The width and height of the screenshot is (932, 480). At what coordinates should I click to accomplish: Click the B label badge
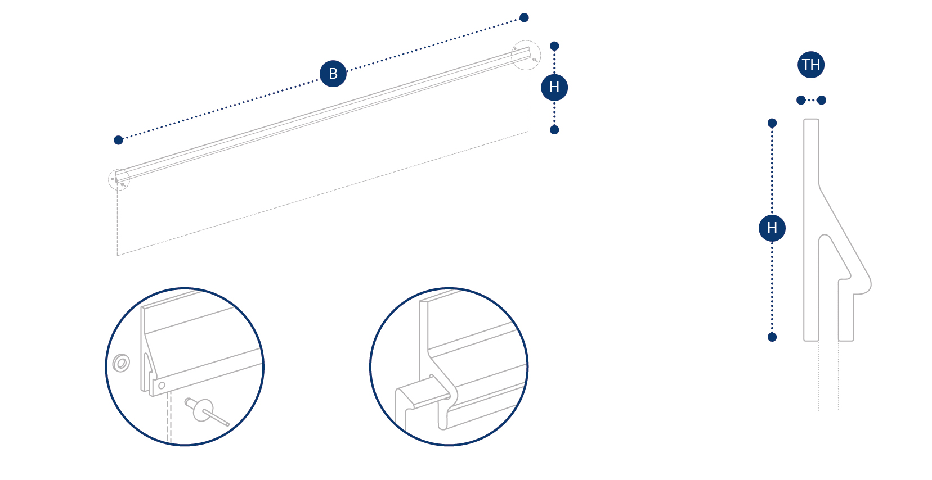[x=333, y=74]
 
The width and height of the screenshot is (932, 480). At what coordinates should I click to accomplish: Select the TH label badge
[x=810, y=65]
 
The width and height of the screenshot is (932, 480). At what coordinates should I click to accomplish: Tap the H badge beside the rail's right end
[x=554, y=87]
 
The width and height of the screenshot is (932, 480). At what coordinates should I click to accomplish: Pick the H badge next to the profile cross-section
[x=772, y=228]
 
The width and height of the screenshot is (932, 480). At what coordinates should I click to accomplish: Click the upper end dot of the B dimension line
[x=524, y=17]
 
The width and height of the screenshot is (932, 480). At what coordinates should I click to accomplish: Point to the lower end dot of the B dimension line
[x=119, y=140]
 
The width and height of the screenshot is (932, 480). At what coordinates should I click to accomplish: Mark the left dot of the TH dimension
[x=801, y=100]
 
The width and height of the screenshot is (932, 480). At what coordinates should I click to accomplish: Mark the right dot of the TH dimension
[x=821, y=100]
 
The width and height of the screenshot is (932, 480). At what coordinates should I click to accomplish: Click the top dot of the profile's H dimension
[x=772, y=123]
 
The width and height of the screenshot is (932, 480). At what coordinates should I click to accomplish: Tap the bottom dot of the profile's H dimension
[x=772, y=337]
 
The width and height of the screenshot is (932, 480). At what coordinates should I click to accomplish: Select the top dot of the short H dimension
[x=554, y=46]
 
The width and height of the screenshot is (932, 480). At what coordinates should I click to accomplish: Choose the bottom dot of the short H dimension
[x=554, y=130]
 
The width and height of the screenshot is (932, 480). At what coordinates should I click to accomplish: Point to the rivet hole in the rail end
[x=162, y=385]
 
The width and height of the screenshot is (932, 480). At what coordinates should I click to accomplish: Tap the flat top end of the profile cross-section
[x=811, y=120]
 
